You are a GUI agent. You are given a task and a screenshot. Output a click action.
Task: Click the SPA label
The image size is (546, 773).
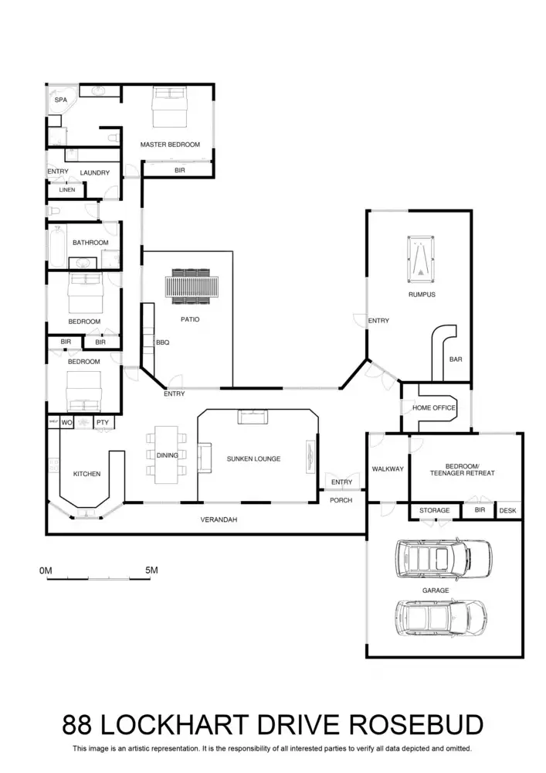click(x=60, y=100)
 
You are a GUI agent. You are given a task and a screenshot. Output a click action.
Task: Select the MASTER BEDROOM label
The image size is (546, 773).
click(x=170, y=145)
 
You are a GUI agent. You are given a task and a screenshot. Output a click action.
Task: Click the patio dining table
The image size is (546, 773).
click(x=190, y=288)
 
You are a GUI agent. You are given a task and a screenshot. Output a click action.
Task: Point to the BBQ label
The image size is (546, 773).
click(x=162, y=341)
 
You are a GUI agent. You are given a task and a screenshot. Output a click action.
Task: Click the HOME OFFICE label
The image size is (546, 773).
click(x=434, y=408)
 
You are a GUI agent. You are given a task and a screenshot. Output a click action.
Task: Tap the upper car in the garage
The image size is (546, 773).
click(x=443, y=557)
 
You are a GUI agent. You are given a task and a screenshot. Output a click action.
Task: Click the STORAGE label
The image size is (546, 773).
click(x=434, y=511)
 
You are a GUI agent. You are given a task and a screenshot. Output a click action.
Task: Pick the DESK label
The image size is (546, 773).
click(x=507, y=511)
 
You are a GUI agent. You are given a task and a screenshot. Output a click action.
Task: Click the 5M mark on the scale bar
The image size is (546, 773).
click(x=151, y=570)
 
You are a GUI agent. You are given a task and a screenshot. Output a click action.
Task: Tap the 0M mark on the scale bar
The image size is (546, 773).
click(x=46, y=570)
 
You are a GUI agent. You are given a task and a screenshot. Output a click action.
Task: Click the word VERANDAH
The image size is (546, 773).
click(x=219, y=520)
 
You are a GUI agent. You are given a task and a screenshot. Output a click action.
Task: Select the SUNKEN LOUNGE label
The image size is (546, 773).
click(x=253, y=458)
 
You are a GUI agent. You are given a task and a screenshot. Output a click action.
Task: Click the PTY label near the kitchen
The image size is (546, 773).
click(x=102, y=422)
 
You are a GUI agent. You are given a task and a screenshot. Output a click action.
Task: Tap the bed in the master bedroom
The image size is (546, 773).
click(x=169, y=107)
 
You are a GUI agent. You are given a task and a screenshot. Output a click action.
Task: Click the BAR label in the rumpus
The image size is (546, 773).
click(x=456, y=359)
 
